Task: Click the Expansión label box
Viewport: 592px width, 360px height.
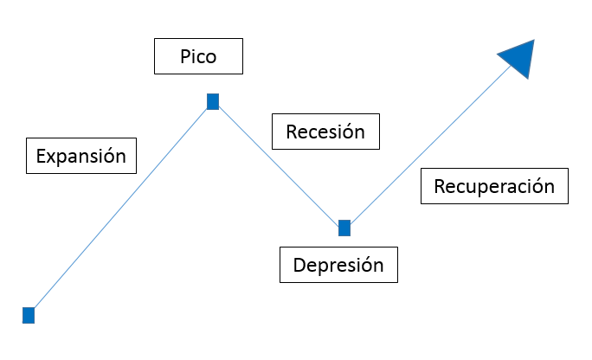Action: click(x=81, y=157)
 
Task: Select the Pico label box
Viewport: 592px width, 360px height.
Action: click(x=198, y=57)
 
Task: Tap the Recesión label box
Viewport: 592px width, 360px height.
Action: click(x=325, y=132)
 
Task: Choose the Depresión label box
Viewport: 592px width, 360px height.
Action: click(x=338, y=265)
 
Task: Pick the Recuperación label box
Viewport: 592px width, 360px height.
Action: click(x=494, y=186)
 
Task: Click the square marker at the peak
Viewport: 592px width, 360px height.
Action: click(x=213, y=102)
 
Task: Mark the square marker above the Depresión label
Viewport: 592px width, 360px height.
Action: click(x=344, y=228)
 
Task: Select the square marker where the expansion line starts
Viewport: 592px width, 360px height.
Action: click(x=29, y=315)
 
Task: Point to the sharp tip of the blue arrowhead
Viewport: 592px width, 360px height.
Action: click(x=534, y=40)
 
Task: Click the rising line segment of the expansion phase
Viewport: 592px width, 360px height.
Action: click(x=121, y=208)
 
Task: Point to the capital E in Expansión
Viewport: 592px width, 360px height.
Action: click(x=41, y=157)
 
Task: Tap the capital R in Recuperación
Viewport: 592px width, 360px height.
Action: click(x=440, y=186)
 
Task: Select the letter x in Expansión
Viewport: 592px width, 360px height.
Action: click(x=51, y=158)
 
